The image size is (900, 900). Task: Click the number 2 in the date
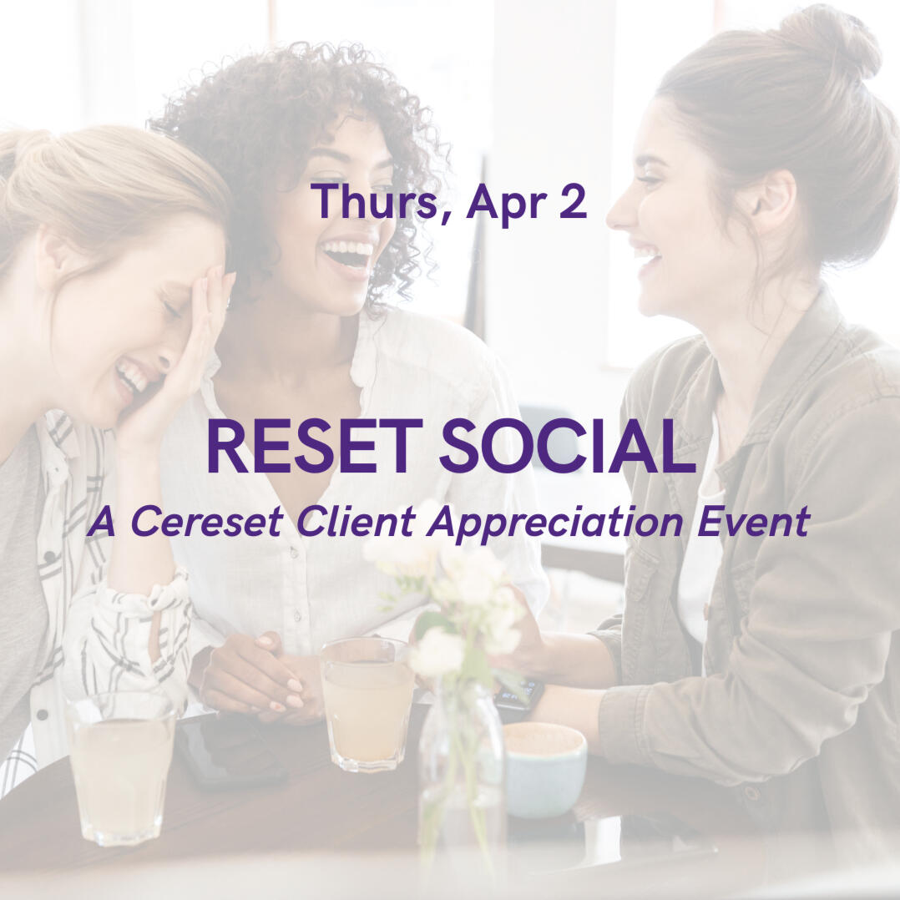point(573,202)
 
